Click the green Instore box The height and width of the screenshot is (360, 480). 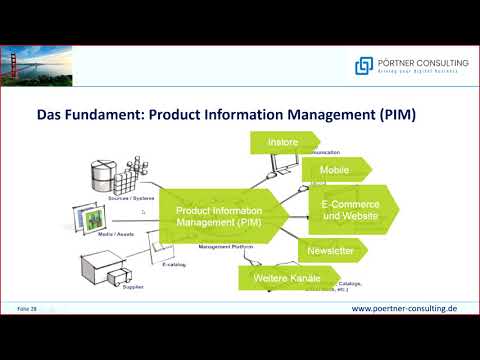[x=280, y=143]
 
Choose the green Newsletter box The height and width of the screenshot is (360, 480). [x=330, y=250]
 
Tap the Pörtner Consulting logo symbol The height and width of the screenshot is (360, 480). [x=364, y=65]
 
